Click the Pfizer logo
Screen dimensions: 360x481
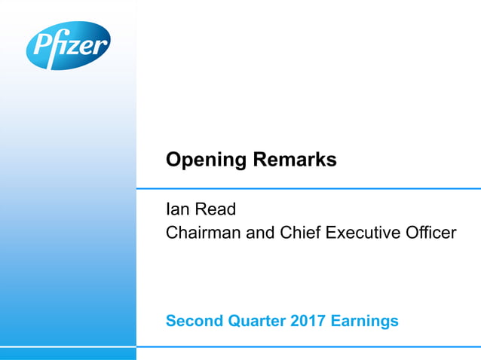click(68, 46)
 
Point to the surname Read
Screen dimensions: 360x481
click(216, 210)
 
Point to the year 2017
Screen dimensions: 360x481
click(306, 322)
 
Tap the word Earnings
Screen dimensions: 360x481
click(364, 322)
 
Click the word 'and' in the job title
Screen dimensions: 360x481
click(261, 233)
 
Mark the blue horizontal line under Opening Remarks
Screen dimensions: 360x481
click(308, 188)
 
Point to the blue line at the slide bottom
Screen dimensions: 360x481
click(308, 347)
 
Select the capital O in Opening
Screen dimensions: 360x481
click(173, 160)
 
